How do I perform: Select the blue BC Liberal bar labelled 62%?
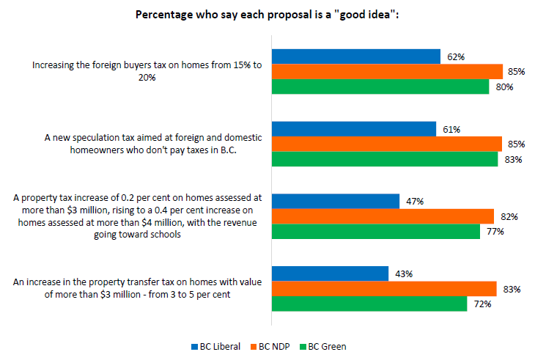[x=356, y=56]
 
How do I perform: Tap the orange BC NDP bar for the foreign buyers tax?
[x=387, y=71]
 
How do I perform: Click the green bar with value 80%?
[x=380, y=87]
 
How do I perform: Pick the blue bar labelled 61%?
[x=354, y=128]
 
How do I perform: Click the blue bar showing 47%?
[x=336, y=201]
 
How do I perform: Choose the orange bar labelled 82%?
[x=383, y=216]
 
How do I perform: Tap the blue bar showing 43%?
[x=330, y=273]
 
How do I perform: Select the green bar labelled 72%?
[x=369, y=304]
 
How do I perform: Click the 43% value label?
[x=404, y=273]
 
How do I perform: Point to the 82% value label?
[x=509, y=216]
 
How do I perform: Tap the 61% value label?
[x=451, y=129]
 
